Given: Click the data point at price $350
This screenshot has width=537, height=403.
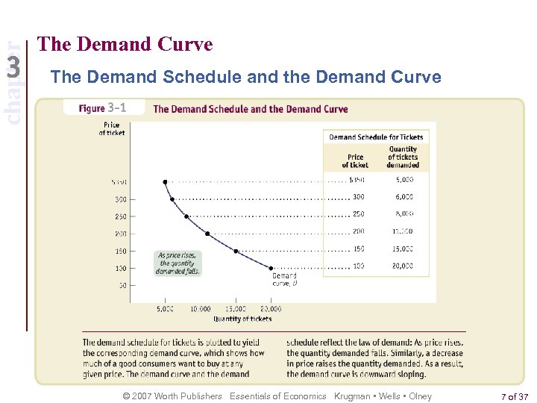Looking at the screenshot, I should (166, 181).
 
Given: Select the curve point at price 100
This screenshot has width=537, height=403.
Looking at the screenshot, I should (271, 267).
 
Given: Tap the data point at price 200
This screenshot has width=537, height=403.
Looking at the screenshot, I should (207, 234).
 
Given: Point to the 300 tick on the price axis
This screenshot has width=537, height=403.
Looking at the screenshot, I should (119, 199).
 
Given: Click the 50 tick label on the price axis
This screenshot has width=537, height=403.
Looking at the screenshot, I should (121, 285).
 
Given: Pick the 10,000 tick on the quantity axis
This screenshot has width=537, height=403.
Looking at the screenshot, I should (200, 308).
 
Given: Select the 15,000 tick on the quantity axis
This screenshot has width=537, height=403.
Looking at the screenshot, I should (235, 308).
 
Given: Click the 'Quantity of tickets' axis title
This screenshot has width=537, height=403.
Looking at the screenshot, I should (242, 319).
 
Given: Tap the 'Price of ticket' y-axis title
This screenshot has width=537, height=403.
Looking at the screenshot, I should (112, 129).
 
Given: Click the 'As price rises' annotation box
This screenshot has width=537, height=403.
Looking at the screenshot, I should (177, 263).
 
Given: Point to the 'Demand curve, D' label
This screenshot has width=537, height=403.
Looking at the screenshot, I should (285, 279).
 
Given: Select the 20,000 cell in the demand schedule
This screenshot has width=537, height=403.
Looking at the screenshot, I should (403, 266).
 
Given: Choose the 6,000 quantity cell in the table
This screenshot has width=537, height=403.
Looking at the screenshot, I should (403, 197).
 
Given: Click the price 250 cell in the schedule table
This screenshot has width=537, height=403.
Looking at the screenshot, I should (359, 214).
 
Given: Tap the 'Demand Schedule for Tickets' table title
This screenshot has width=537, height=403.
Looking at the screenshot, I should (376, 137).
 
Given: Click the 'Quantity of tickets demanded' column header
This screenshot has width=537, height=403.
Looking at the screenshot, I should (403, 157).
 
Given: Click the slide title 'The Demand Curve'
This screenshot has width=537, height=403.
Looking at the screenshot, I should (125, 45).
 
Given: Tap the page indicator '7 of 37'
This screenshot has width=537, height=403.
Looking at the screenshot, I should (513, 396).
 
